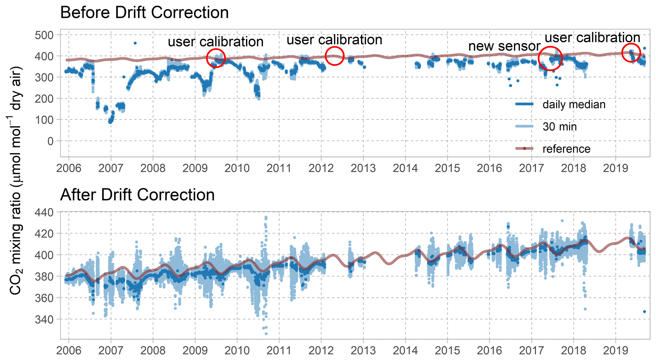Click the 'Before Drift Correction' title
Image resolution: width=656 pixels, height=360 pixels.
click(144, 13)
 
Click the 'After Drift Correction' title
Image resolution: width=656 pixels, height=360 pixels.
click(137, 195)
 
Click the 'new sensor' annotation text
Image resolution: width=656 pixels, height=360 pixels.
click(504, 46)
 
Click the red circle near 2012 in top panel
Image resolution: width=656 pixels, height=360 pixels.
click(335, 56)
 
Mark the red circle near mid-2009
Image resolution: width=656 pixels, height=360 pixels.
click(216, 58)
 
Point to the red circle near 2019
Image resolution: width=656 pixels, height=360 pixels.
click(631, 52)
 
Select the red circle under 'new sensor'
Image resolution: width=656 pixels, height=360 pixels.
click(550, 58)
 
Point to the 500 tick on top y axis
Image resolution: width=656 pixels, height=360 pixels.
click(44, 35)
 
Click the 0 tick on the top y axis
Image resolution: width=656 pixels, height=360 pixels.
click(50, 141)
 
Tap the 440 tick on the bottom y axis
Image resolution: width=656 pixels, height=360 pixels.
click(44, 212)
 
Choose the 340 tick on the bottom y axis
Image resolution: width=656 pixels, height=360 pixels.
click(44, 319)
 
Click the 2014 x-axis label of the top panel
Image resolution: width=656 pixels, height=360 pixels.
click(405, 168)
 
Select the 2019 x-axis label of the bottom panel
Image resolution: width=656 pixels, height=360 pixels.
click(615, 350)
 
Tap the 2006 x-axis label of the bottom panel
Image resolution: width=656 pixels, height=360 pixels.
click(69, 350)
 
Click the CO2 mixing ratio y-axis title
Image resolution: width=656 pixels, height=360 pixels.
click(15, 181)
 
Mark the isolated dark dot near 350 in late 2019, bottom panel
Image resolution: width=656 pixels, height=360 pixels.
click(645, 312)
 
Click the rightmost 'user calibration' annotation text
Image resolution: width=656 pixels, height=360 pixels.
click(593, 38)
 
